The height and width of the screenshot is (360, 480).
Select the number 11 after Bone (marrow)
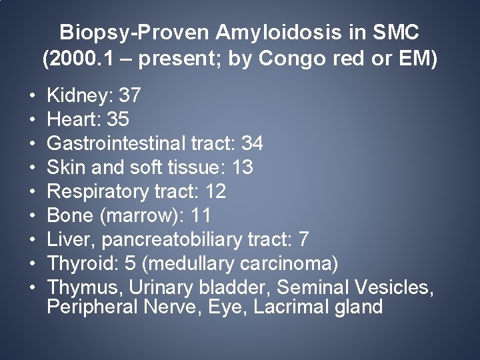pyautogui.click(x=199, y=215)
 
